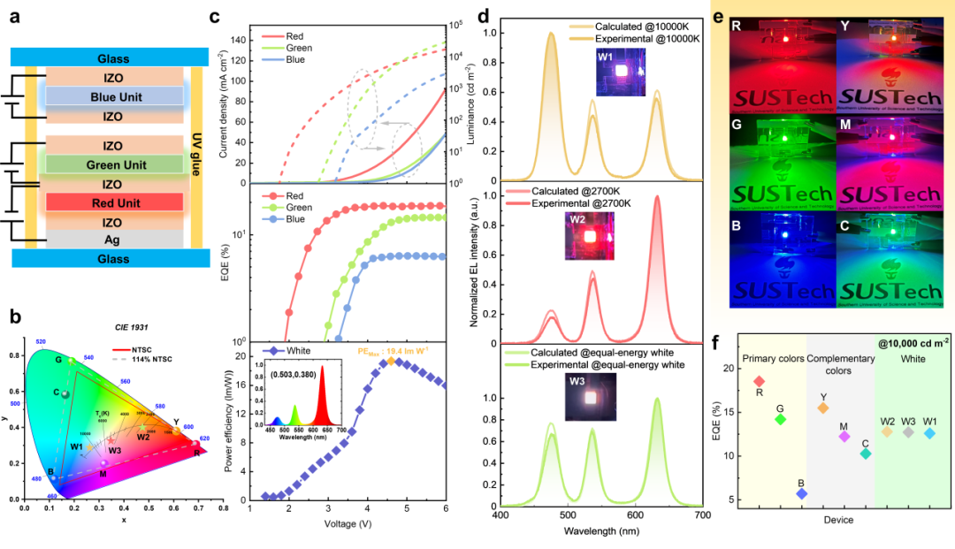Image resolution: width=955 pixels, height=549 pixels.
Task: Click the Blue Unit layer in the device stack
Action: coord(113,96)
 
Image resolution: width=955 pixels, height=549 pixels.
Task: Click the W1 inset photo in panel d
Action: coord(619,69)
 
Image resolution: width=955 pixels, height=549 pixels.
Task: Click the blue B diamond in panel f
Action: coord(801,493)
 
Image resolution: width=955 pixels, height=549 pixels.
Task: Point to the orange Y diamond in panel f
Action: coord(823,408)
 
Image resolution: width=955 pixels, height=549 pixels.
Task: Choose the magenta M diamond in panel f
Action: coord(844,436)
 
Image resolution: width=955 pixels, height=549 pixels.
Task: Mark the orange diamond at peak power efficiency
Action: coord(391,362)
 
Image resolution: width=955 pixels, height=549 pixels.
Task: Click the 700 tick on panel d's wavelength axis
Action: coord(702,515)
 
